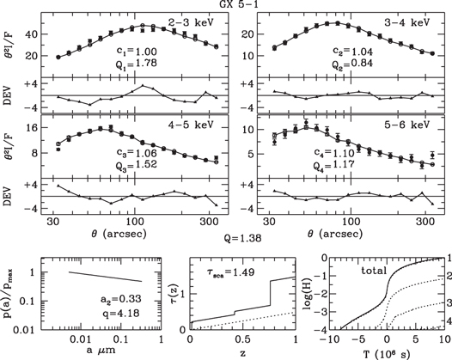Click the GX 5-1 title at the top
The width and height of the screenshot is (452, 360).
[x=227, y=5]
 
